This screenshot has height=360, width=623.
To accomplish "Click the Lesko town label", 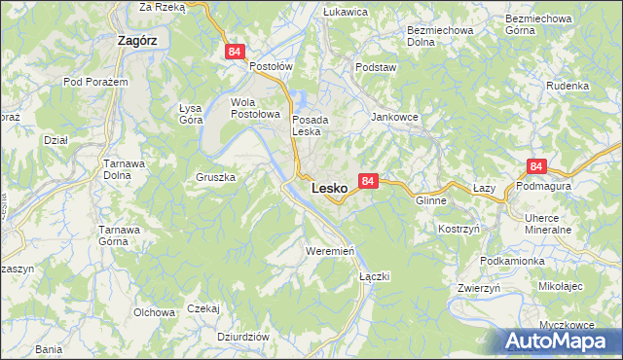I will point(330,188).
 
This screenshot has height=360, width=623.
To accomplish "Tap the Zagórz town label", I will point(137,41).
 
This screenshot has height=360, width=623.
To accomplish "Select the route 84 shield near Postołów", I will point(234,52).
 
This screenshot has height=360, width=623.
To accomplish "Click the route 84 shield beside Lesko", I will point(367,181).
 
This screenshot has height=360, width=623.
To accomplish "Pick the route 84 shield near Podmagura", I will point(536,167).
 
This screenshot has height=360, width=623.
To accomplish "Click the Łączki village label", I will point(374,276).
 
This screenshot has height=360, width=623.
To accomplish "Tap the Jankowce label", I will point(394,116).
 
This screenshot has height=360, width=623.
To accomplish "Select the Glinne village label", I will point(430,200).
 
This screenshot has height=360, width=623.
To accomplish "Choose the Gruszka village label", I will point(216,178).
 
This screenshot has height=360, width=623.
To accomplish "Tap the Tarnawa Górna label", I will point(123,235).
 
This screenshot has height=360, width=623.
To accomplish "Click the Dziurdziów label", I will point(243,336).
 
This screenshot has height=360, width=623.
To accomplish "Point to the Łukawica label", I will point(345,12).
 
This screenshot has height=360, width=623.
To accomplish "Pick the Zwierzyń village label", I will point(479,288).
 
